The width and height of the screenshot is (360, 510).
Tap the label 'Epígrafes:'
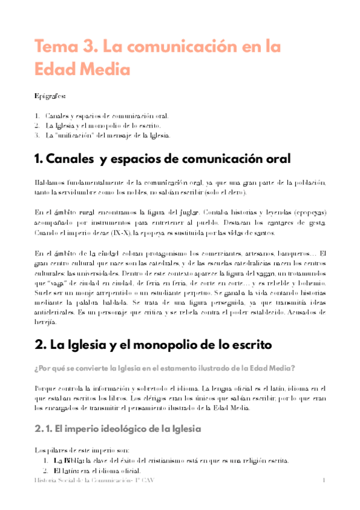click(x=50, y=95)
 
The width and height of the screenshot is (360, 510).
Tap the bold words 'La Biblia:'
click(x=68, y=461)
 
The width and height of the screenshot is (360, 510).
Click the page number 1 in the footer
click(x=323, y=481)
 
